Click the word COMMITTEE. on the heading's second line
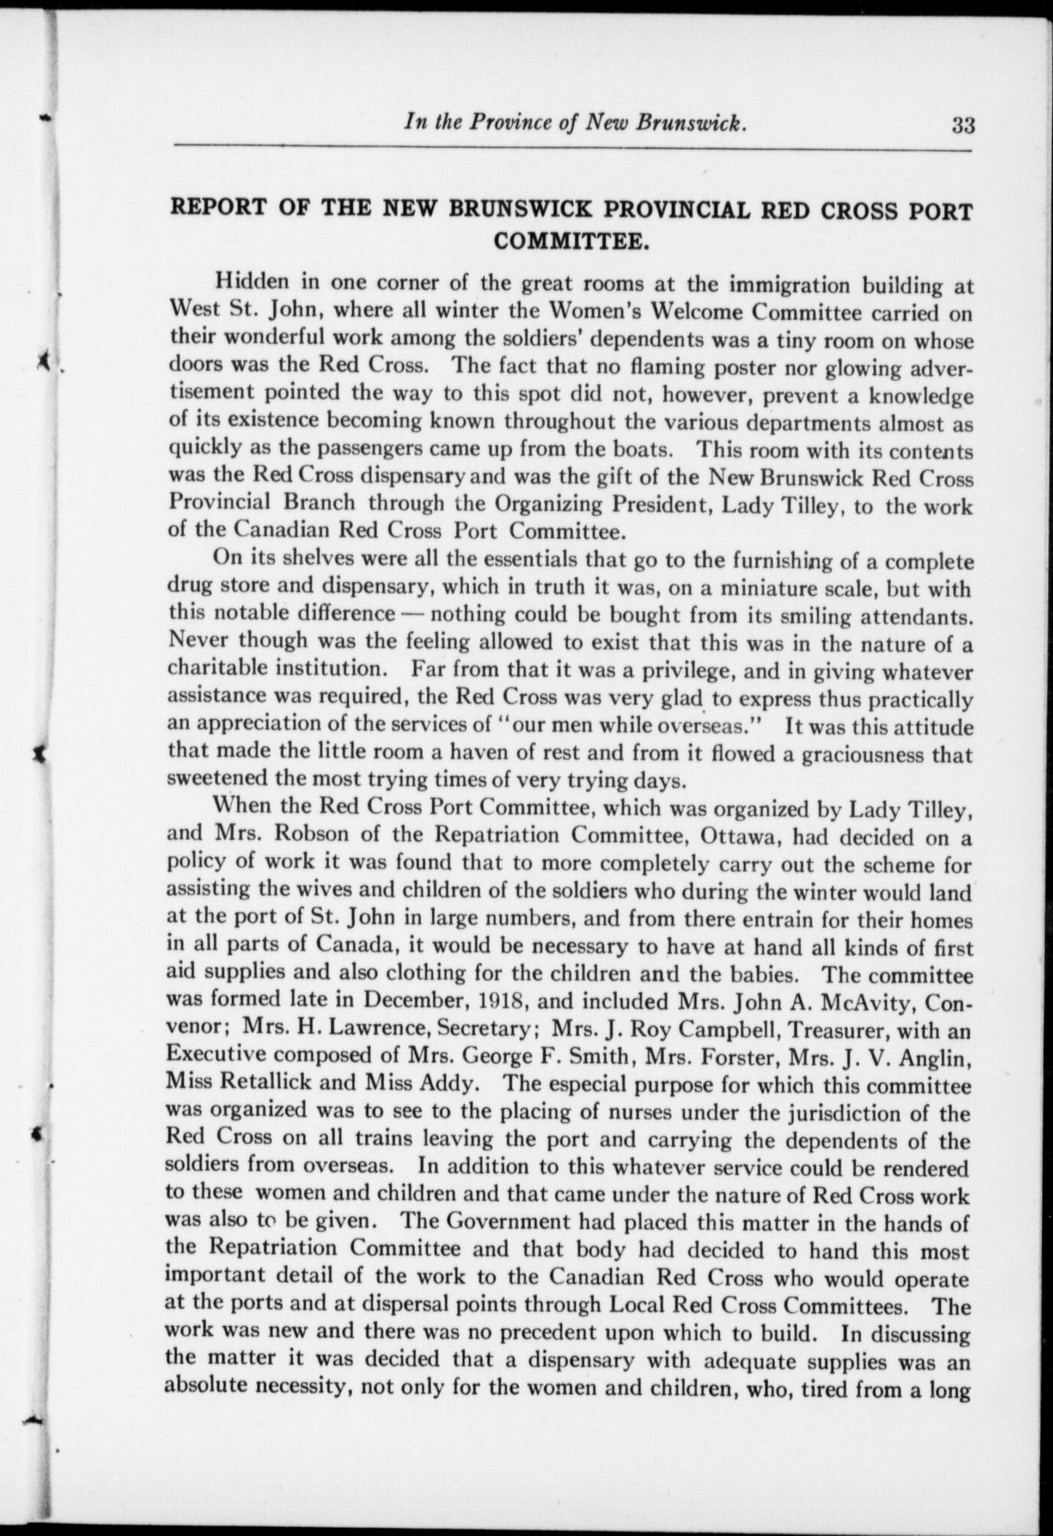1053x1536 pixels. click(572, 240)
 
